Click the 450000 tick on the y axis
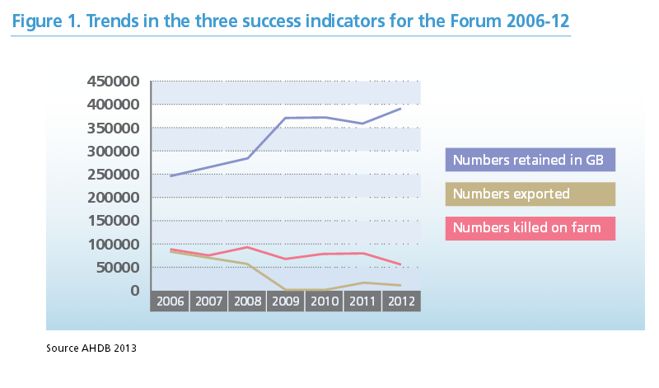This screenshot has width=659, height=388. [x=113, y=82]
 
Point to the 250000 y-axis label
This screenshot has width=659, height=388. [x=113, y=175]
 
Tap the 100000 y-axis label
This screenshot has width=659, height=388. [x=113, y=245]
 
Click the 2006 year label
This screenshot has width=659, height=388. [x=170, y=302]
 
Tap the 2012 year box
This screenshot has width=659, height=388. [x=401, y=302]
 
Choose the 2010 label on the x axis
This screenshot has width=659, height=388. [x=324, y=302]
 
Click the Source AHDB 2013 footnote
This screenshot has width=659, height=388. [x=91, y=348]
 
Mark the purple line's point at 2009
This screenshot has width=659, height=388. [x=285, y=118]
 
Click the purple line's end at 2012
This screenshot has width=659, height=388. [x=401, y=108]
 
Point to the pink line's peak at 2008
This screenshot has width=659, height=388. [x=246, y=247]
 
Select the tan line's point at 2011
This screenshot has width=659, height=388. [x=362, y=283]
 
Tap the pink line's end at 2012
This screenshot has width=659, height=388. [x=401, y=264]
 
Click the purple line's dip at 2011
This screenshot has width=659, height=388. [x=362, y=124]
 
